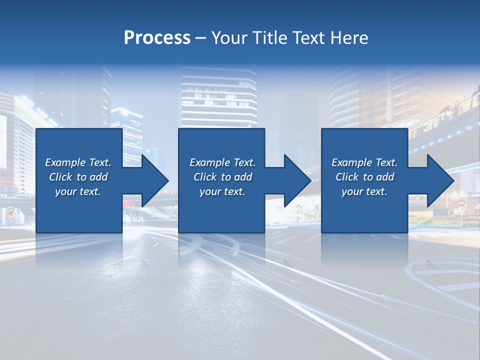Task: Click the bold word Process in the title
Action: coord(157,38)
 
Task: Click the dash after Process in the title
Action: coord(200,38)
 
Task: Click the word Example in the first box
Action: coord(65,162)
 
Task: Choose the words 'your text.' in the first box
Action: coord(78,191)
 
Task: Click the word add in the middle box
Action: coord(243,177)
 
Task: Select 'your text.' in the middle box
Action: coord(222,191)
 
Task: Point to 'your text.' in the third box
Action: coord(364,191)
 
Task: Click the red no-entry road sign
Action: coord(461,204)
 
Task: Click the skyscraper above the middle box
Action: coord(219,97)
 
